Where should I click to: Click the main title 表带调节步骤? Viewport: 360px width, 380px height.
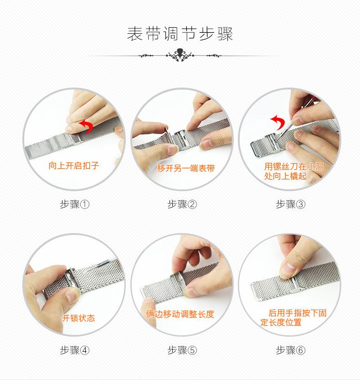180,34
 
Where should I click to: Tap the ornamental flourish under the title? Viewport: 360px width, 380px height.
180,55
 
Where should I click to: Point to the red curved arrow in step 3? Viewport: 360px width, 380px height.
278,122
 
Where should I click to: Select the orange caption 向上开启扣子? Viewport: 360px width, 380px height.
74,166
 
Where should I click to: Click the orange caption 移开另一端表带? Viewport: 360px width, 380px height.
185,168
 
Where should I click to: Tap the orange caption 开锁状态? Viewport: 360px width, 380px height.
78,318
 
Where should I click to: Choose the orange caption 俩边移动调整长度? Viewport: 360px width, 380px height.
180,314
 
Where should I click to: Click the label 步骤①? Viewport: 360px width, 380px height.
75,204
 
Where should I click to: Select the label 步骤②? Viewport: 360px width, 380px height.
182,204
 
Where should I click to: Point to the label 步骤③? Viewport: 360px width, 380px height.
291,204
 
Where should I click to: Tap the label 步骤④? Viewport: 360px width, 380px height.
75,350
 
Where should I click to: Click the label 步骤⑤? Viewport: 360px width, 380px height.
182,350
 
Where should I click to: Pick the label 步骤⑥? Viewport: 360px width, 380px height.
291,350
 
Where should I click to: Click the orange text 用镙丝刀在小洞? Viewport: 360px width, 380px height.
293,167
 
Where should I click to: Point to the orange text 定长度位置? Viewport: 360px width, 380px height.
281,323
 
